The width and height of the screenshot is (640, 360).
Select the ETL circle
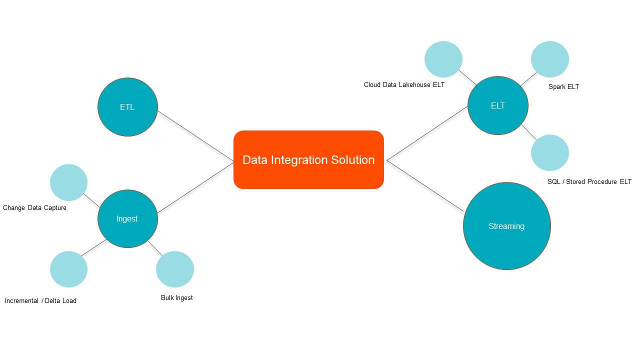(127, 107)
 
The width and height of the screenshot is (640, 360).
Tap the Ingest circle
(127, 218)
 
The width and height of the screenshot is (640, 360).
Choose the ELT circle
(498, 105)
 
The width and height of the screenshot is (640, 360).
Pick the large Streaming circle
(506, 226)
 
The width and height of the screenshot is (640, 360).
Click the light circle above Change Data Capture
(69, 182)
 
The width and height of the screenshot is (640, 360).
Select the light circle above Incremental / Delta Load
(69, 269)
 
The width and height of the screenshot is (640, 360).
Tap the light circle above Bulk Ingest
(175, 269)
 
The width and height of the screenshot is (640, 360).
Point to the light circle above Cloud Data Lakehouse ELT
(443, 59)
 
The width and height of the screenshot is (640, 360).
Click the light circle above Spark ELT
(550, 59)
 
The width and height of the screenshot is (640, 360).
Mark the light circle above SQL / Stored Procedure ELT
(550, 152)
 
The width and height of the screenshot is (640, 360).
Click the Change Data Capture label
(34, 207)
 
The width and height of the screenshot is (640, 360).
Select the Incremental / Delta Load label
(40, 300)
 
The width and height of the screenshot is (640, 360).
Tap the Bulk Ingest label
(176, 297)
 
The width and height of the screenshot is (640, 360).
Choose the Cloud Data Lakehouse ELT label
(404, 84)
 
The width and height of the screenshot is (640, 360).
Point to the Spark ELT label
(563, 86)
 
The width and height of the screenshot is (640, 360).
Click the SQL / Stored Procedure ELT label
(589, 181)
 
